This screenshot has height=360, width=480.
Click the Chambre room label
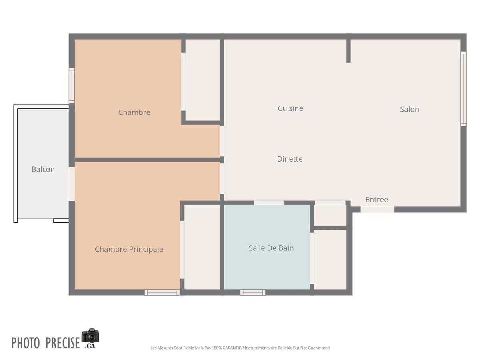point(134,112)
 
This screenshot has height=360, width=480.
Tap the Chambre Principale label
point(129,249)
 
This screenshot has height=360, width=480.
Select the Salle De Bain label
point(271,248)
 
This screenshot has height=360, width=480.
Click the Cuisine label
point(290,108)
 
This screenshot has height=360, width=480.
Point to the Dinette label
point(290,159)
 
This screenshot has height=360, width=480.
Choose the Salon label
point(409,109)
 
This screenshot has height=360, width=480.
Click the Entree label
point(376,200)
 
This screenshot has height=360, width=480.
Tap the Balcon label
point(43,169)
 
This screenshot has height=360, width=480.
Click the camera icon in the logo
point(90,336)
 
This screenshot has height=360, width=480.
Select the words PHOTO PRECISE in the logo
point(46,343)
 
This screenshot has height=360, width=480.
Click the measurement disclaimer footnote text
point(240,348)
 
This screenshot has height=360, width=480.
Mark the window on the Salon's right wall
point(463,89)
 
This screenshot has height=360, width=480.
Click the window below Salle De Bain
point(253,292)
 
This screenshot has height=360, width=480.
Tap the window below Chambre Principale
point(162,292)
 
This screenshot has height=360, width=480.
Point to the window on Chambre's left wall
point(72,86)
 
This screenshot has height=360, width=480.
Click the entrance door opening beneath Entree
point(377,210)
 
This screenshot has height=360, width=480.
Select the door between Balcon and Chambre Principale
point(72,184)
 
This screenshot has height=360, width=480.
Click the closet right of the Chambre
point(203,80)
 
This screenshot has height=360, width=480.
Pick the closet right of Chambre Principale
point(202,247)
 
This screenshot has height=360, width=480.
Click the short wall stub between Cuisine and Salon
point(348,51)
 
